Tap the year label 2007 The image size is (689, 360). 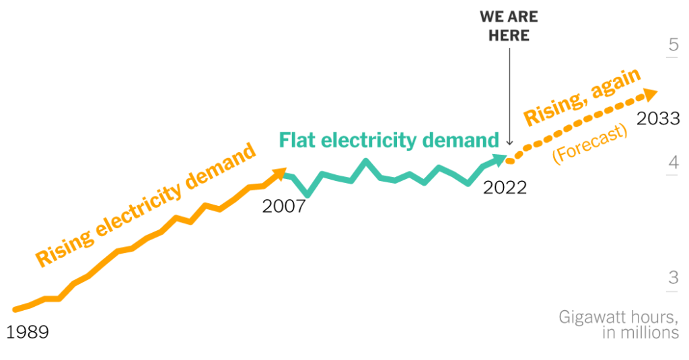(284, 206)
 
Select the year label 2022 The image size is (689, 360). (505, 187)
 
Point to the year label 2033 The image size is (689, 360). (658, 118)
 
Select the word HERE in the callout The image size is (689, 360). (509, 36)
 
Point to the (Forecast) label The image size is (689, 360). (589, 143)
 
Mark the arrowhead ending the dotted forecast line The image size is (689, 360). (651, 94)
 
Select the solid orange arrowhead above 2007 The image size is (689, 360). (279, 174)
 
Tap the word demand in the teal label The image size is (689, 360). (459, 140)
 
